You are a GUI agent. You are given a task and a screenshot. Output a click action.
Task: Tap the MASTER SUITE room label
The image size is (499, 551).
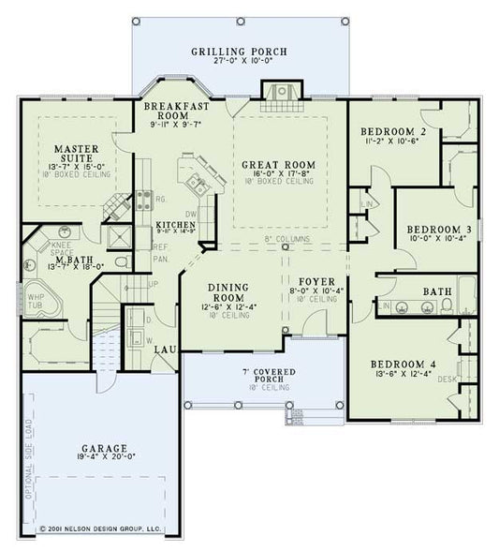pyautogui.click(x=71, y=155)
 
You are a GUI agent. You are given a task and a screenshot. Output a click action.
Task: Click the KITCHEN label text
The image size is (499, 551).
pyautogui.click(x=174, y=226)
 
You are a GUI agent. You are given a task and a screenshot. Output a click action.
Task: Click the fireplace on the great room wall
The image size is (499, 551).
pyautogui.click(x=278, y=92)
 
